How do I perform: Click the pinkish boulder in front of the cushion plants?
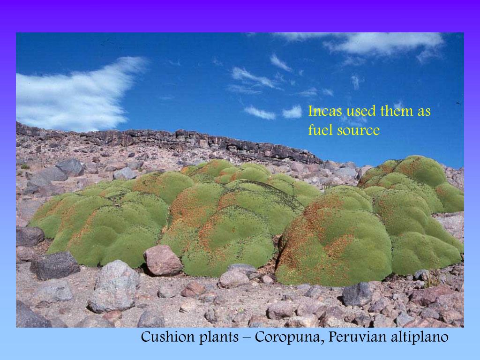click(x=162, y=260)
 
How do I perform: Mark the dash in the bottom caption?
click(x=247, y=337)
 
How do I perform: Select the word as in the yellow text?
click(x=423, y=112)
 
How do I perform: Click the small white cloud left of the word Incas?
click(x=292, y=112)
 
